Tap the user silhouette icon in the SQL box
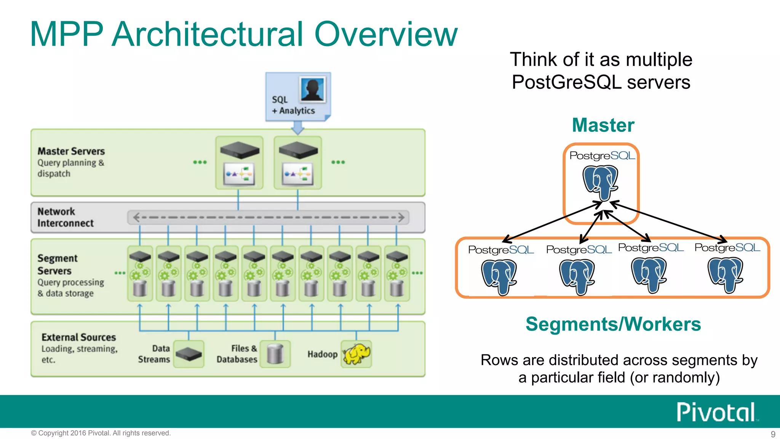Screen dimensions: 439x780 313,90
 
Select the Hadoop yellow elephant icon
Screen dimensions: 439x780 356,354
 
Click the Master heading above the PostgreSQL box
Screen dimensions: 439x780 603,125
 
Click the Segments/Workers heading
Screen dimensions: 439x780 613,324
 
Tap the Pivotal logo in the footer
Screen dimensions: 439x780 716,412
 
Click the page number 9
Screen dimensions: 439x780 773,434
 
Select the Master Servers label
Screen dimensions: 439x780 71,151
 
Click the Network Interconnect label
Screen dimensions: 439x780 65,217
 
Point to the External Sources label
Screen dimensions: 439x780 78,337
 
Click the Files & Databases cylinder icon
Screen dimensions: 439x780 275,354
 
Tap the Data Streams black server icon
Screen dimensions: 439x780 189,354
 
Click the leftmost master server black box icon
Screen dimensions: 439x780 239,150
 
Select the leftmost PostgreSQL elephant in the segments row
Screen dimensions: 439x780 499,277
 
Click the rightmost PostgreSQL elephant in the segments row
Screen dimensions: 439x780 726,274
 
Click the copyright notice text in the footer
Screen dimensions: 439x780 101,433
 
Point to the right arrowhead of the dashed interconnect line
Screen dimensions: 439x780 401,218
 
